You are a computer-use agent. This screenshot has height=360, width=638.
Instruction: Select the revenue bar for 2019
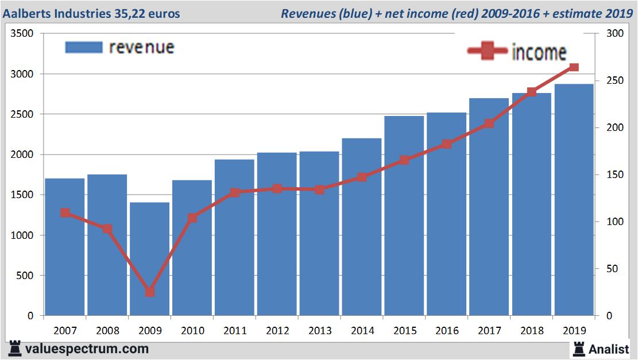pyautogui.click(x=574, y=201)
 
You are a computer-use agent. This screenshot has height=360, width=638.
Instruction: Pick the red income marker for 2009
pyautogui.click(x=150, y=292)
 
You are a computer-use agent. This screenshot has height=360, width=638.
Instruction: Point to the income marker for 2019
pyautogui.click(x=574, y=67)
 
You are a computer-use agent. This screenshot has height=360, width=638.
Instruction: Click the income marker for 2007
pyautogui.click(x=65, y=213)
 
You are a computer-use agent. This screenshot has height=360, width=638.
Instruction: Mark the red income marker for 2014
pyautogui.click(x=362, y=177)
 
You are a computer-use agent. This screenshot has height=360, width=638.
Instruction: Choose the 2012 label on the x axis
pyautogui.click(x=277, y=331)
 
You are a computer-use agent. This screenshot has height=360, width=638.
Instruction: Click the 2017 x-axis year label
pyautogui.click(x=489, y=331)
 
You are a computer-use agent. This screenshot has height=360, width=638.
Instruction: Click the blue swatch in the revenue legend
pyautogui.click(x=84, y=47)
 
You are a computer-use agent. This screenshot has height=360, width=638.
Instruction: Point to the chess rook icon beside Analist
pyautogui.click(x=578, y=348)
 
